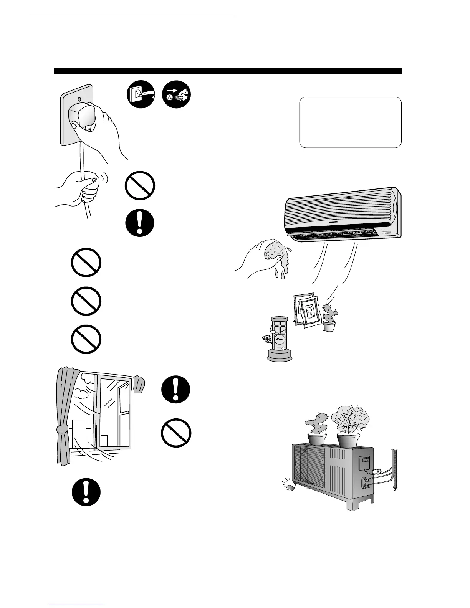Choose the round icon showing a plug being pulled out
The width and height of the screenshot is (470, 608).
click(177, 94)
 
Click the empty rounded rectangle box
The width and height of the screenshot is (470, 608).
click(350, 122)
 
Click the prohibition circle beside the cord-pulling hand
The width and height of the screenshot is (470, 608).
click(140, 186)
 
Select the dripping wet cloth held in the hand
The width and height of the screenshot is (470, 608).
click(275, 253)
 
